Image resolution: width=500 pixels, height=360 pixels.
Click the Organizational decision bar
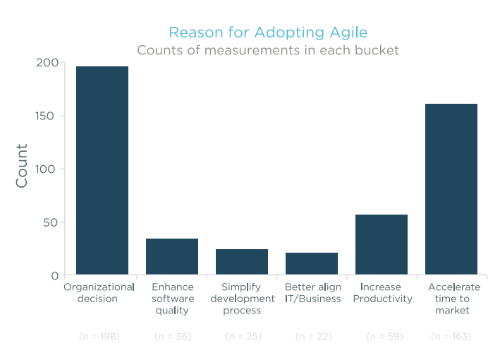(x=102, y=170)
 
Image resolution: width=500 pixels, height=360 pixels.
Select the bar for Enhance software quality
(x=172, y=256)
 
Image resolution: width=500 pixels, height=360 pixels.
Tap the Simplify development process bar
(x=242, y=262)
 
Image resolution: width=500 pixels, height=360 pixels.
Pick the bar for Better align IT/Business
(x=312, y=263)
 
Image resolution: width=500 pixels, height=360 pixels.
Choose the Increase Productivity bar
(x=382, y=244)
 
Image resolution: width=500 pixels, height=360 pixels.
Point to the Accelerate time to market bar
(x=451, y=189)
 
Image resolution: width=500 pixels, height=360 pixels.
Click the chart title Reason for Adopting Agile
(x=268, y=32)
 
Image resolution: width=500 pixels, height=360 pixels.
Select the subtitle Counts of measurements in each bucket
(x=268, y=50)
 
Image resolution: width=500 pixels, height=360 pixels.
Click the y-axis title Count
(x=22, y=166)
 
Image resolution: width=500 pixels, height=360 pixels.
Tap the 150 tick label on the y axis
(x=48, y=116)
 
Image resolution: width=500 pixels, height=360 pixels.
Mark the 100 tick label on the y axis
(x=48, y=169)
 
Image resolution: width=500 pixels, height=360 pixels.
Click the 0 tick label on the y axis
(x=54, y=276)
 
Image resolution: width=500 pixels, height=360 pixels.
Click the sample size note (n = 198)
(x=99, y=336)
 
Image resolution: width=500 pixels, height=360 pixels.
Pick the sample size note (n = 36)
(x=173, y=336)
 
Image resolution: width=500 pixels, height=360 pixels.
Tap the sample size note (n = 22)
(x=313, y=336)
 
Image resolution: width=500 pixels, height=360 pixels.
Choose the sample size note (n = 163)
(x=451, y=336)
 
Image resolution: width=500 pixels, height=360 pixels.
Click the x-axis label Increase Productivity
(x=383, y=293)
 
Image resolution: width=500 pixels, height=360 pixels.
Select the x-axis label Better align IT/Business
(x=312, y=293)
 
